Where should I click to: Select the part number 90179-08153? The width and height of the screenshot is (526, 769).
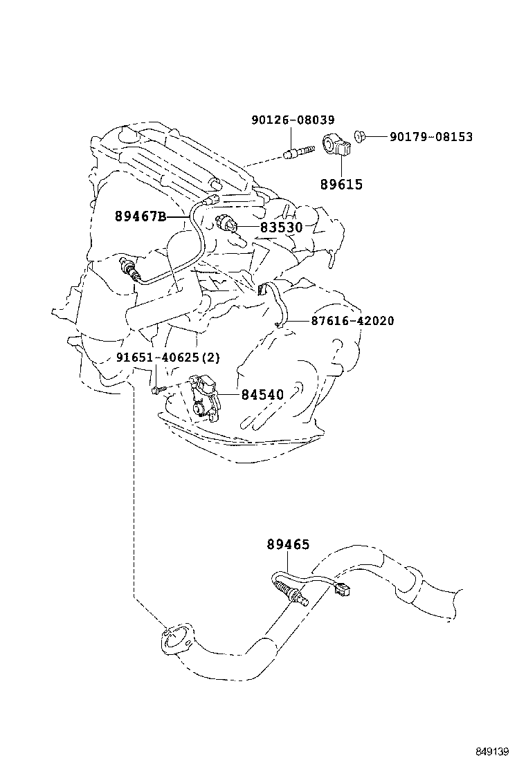click(430, 137)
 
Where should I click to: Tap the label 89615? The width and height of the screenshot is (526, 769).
click(341, 185)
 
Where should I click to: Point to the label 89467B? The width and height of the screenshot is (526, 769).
click(140, 217)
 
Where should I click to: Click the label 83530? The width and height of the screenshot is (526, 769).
click(282, 227)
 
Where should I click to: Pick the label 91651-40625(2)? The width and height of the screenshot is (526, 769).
click(167, 358)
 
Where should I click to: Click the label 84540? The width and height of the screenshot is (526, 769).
click(262, 395)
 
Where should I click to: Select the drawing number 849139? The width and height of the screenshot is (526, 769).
click(492, 751)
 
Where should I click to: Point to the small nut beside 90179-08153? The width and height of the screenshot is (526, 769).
click(360, 136)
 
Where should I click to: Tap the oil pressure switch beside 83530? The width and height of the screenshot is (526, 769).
click(227, 225)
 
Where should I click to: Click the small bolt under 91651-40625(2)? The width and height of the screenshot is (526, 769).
click(157, 391)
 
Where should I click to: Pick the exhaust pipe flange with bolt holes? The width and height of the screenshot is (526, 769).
click(174, 639)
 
